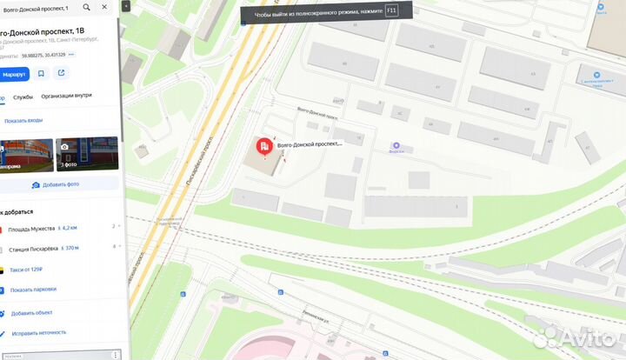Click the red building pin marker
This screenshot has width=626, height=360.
264,146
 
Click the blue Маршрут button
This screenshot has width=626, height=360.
14,74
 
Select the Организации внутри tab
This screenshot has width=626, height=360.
66,97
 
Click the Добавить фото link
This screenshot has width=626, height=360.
60,184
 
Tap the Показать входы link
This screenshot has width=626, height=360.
23,121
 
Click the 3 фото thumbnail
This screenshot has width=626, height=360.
87,154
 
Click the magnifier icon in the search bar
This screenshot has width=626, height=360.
86,8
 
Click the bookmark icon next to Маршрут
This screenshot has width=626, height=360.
41,74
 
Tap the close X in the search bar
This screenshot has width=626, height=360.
105,8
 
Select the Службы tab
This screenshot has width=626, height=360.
23,97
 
